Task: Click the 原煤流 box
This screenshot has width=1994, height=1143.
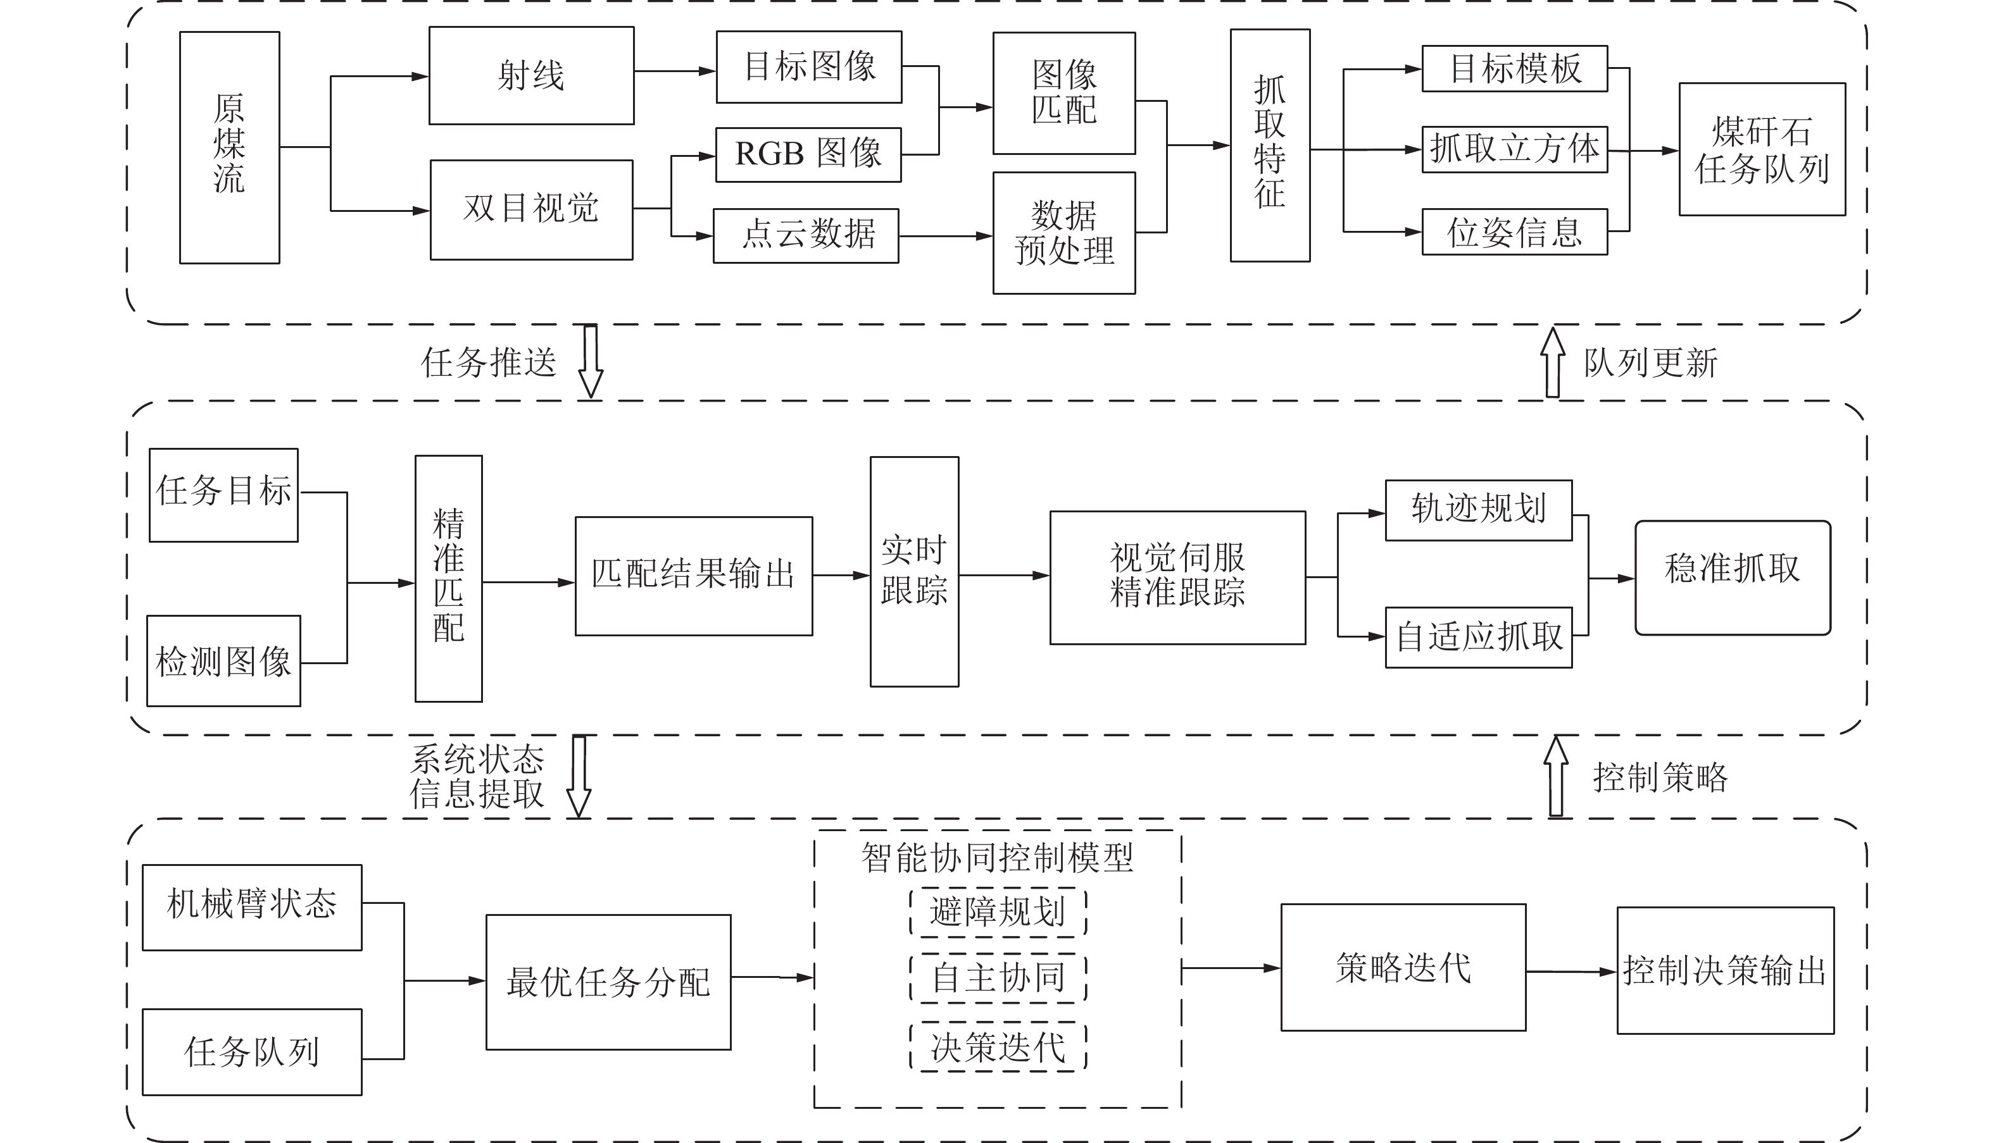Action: (x=229, y=147)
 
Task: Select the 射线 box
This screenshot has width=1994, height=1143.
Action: (x=531, y=75)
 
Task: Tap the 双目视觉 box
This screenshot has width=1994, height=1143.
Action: (x=531, y=209)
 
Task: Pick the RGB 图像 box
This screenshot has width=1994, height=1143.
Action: (x=808, y=154)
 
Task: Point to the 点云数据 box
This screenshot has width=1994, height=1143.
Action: (x=806, y=235)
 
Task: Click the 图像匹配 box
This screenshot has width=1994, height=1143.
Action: (x=1063, y=92)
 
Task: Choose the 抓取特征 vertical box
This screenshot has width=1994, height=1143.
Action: (x=1269, y=145)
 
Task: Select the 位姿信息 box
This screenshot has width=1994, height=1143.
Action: (x=1514, y=232)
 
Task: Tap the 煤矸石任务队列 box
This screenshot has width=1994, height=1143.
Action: (x=1762, y=149)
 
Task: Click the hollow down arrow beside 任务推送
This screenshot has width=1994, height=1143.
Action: (x=591, y=361)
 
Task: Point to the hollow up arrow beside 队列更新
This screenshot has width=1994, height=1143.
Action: (x=1552, y=362)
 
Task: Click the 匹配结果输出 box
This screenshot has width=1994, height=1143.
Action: (x=693, y=576)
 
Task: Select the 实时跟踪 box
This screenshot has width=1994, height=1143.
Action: (x=913, y=572)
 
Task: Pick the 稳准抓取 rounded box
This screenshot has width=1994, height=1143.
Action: (x=1733, y=577)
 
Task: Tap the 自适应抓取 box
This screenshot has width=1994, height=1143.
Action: (x=1478, y=637)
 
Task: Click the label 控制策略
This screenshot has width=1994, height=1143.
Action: (x=1659, y=777)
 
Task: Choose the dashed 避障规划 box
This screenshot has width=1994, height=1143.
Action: (x=998, y=911)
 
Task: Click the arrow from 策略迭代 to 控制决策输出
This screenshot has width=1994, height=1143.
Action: (x=1571, y=972)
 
